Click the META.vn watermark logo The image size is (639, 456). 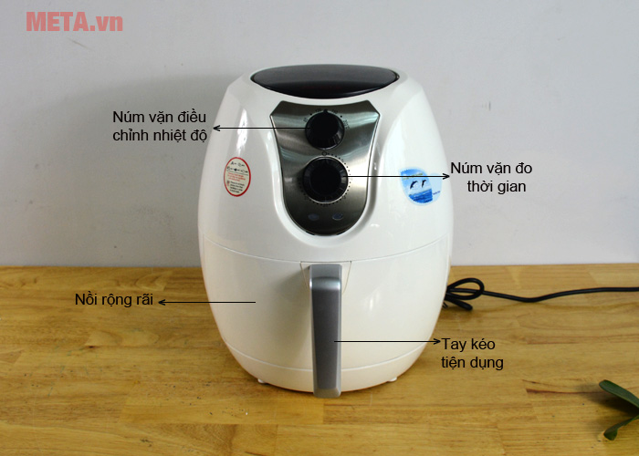(x=74, y=21)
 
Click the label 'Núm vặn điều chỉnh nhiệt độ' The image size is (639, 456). (x=161, y=126)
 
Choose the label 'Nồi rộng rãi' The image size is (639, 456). (x=114, y=300)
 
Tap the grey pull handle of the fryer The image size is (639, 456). (x=327, y=328)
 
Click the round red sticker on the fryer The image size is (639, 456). (x=237, y=175)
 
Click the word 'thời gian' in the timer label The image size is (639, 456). (x=497, y=186)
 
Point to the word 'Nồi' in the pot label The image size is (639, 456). (x=87, y=300)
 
